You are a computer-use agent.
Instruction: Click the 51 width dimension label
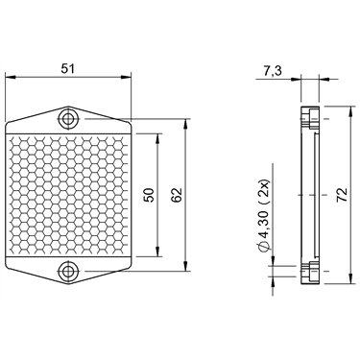click(68, 68)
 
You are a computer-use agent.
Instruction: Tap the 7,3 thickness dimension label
click(273, 71)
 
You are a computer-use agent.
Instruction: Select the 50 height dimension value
click(149, 195)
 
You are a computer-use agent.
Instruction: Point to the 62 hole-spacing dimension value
click(177, 195)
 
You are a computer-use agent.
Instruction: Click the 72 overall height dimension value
click(343, 195)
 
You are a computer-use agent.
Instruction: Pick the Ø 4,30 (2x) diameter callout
click(266, 215)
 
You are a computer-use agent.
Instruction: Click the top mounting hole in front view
click(67, 119)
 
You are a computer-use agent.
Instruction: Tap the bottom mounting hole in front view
click(67, 272)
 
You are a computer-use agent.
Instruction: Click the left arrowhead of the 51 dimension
click(11, 77)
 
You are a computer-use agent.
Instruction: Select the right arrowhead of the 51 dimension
click(126, 77)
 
